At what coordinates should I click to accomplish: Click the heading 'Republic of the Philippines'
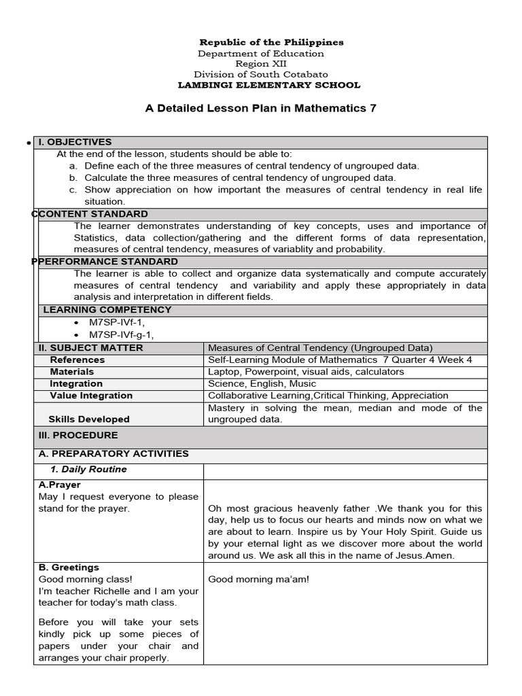tap(271, 42)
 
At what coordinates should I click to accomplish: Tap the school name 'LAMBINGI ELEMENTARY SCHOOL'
tap(269, 85)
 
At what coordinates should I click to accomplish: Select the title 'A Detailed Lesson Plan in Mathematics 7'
tap(261, 108)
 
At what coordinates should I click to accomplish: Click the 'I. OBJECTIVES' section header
tap(75, 142)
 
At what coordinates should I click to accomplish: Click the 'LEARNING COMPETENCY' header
tap(107, 310)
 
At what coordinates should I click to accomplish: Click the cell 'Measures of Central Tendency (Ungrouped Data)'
tap(320, 348)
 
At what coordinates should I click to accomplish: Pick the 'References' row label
tap(77, 360)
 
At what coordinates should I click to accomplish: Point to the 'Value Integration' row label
tap(91, 396)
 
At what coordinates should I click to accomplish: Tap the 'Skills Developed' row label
tap(88, 419)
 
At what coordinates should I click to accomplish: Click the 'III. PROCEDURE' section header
tap(78, 435)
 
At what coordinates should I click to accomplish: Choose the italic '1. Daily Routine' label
tap(88, 470)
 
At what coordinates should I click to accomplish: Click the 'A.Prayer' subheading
tap(60, 485)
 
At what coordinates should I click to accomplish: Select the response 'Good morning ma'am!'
tap(258, 579)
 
